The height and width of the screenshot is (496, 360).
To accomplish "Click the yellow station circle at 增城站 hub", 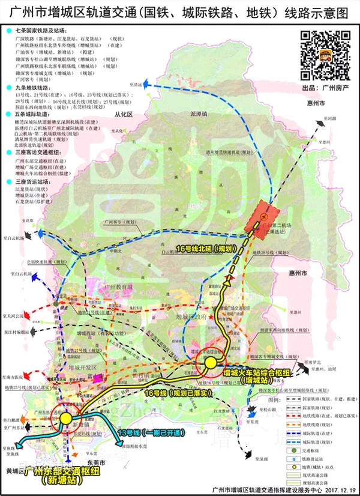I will [x=210, y=363].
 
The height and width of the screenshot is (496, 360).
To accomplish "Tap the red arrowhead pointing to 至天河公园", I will [x=42, y=315].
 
